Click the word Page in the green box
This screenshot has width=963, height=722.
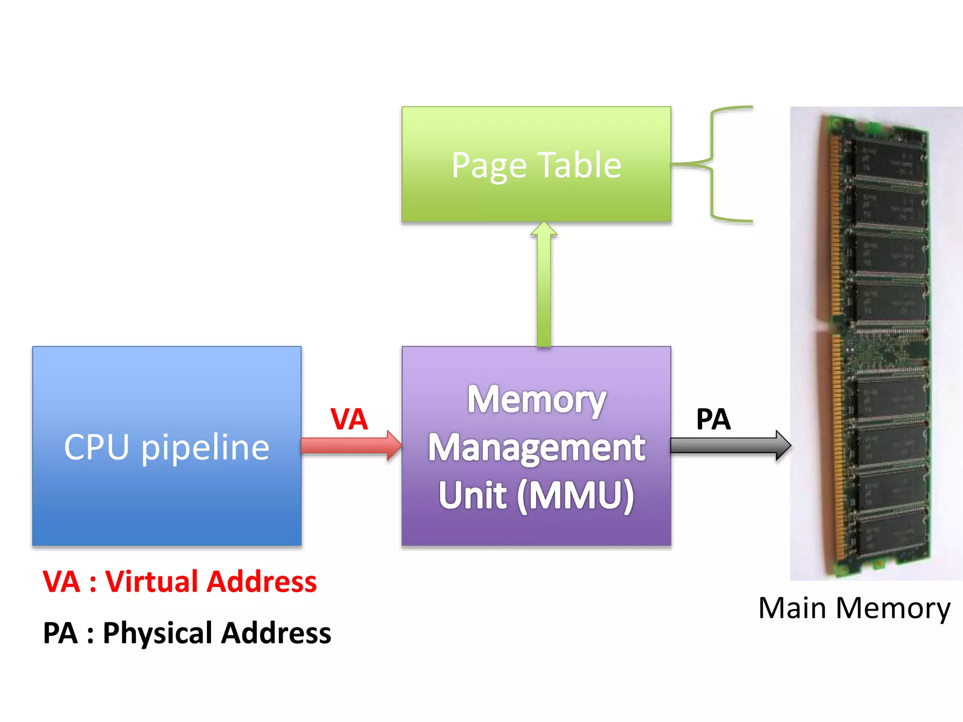(x=489, y=166)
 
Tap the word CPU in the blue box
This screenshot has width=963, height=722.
(x=96, y=447)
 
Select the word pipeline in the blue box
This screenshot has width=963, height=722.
(x=205, y=448)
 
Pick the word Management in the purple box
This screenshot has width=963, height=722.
(x=536, y=448)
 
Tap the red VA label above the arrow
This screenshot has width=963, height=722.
(x=348, y=419)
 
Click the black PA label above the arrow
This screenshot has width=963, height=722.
(x=713, y=419)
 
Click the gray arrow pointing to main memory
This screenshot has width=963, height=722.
(x=729, y=445)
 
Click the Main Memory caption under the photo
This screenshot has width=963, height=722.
(x=854, y=608)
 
